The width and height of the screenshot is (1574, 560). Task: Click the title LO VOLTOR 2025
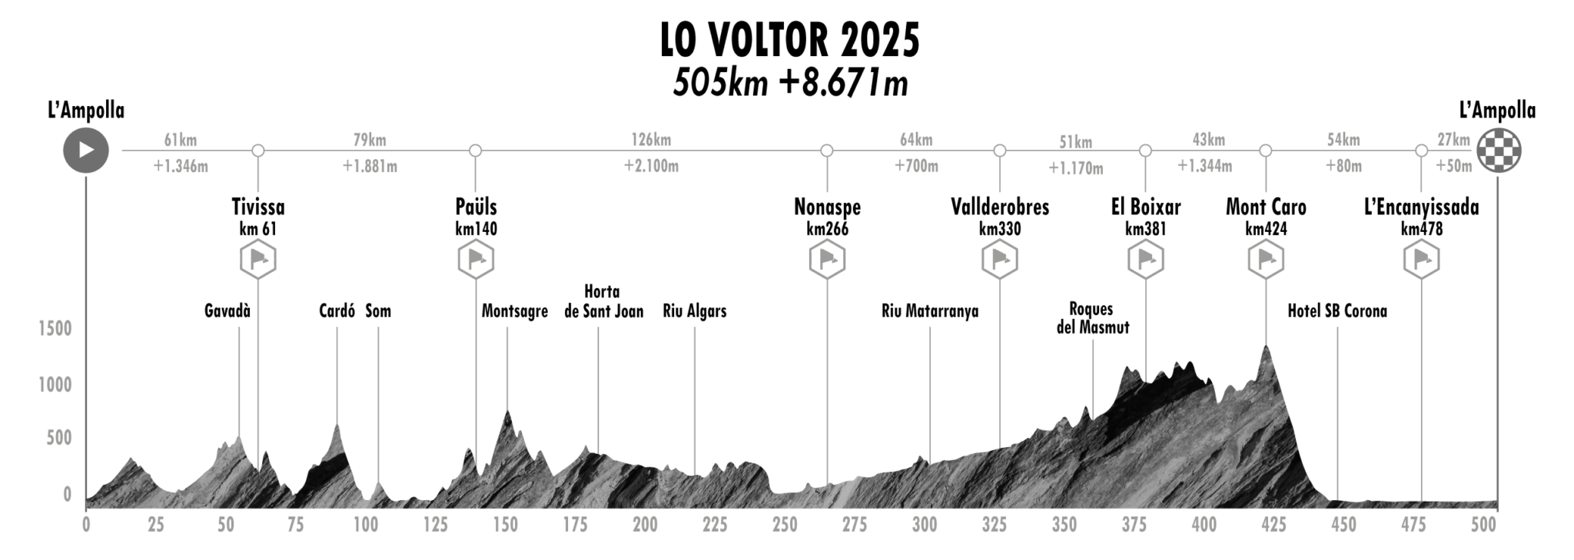coord(790,41)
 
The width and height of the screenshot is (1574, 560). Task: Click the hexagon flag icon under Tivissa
coord(258,260)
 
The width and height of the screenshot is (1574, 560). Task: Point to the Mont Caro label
coord(1266,207)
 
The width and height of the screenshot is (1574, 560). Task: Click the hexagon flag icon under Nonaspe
coord(827,260)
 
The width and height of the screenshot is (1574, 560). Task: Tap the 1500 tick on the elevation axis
coord(55,329)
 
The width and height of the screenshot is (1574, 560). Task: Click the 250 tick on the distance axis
coord(785,525)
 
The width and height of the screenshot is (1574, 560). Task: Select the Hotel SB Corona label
coord(1337,311)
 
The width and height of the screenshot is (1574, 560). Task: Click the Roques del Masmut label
coord(1092,318)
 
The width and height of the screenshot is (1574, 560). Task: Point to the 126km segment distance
coord(651,140)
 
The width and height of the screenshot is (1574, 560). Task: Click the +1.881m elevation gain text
coord(370,167)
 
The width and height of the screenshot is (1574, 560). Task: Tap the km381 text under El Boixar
coord(1145,229)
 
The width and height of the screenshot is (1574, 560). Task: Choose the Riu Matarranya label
coord(930,311)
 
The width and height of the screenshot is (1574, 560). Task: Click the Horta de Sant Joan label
coord(603,301)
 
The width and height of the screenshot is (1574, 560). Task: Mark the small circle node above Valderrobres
coord(1000,151)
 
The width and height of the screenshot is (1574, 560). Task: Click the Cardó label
coord(337,311)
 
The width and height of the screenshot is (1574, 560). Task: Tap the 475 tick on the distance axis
coord(1413,525)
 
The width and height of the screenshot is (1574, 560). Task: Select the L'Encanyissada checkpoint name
coord(1421,207)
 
